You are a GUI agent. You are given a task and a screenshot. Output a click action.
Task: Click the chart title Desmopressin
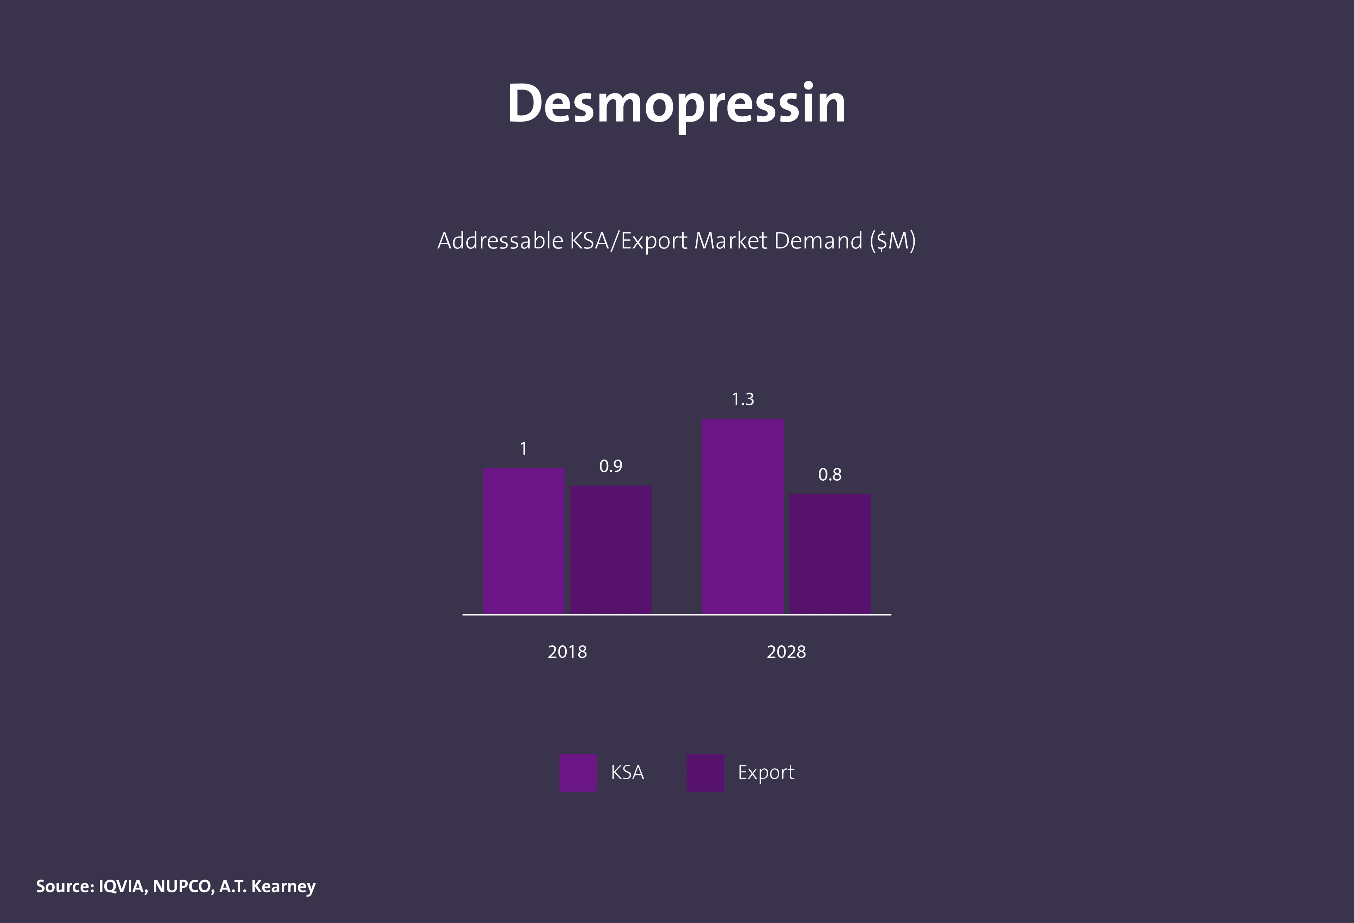[676, 104]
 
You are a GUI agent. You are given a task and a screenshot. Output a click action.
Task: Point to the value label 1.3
[743, 400]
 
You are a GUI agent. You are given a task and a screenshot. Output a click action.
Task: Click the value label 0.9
[611, 466]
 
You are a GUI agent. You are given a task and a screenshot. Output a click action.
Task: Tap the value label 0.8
[830, 475]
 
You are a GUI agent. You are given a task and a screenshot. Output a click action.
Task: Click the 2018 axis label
[567, 652]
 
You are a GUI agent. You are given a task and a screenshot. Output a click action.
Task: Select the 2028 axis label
[786, 652]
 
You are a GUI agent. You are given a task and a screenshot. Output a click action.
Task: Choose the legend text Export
[766, 772]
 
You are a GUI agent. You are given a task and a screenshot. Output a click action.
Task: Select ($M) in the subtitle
[892, 240]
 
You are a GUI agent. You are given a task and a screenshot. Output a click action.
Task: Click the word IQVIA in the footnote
[122, 886]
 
